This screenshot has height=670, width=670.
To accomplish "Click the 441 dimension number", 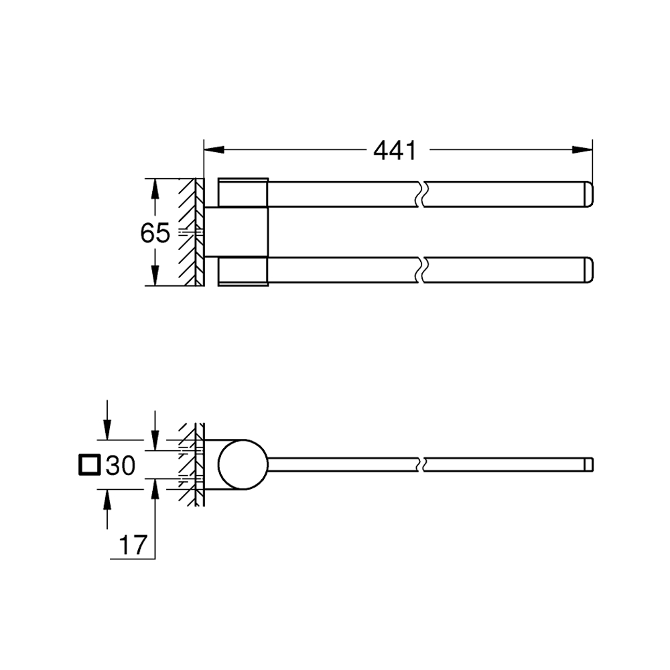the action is [395, 150].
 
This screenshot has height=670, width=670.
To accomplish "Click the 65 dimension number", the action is [155, 233].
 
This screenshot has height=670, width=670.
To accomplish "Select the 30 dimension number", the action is [121, 466].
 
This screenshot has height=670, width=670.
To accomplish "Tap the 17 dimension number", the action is [133, 545].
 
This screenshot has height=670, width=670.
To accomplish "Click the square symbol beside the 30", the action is [90, 466].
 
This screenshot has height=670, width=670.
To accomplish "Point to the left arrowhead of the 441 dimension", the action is [214, 149].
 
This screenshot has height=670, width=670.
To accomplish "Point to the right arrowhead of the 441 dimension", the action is [582, 149].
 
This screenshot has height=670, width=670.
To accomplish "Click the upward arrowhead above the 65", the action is [155, 188].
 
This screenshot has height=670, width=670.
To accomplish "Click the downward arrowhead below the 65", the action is [155, 275].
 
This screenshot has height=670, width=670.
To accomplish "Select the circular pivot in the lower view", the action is [243, 464].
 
